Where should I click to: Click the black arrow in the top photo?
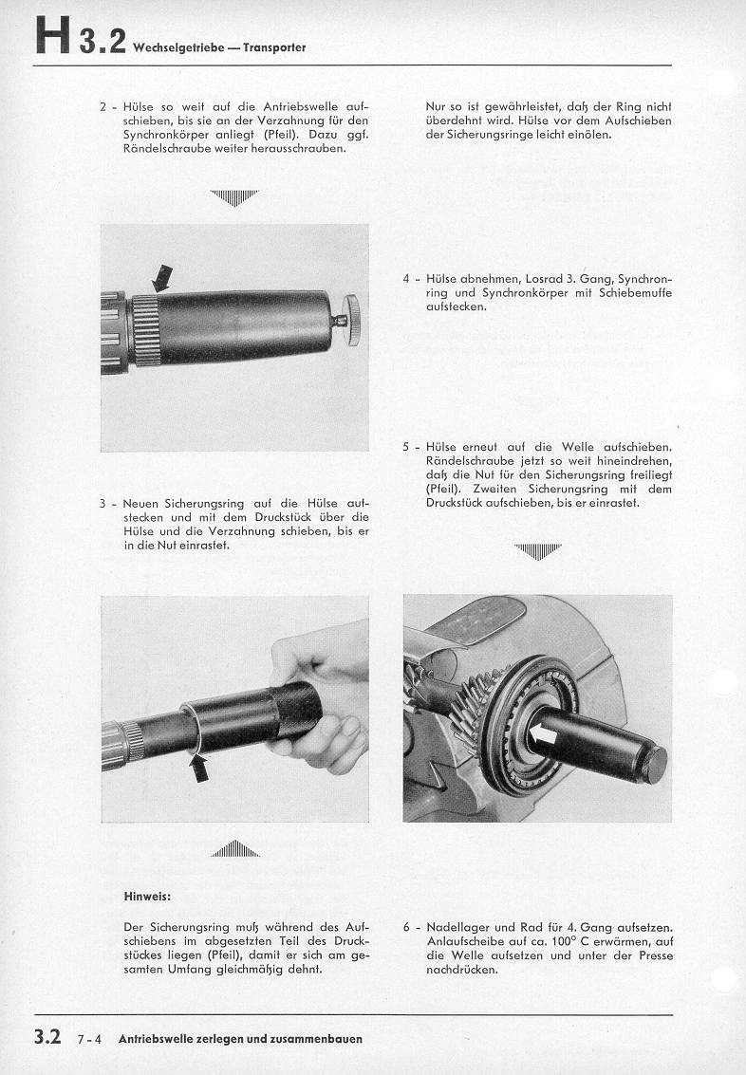tap(163, 276)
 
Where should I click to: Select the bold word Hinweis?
tap(146, 895)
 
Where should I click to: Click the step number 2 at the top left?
tap(103, 106)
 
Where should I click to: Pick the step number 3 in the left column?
tap(103, 503)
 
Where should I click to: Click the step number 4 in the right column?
tap(406, 279)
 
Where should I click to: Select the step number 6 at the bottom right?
tap(406, 926)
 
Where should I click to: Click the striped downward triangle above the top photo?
tap(233, 197)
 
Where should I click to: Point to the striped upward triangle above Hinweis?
tap(234, 849)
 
